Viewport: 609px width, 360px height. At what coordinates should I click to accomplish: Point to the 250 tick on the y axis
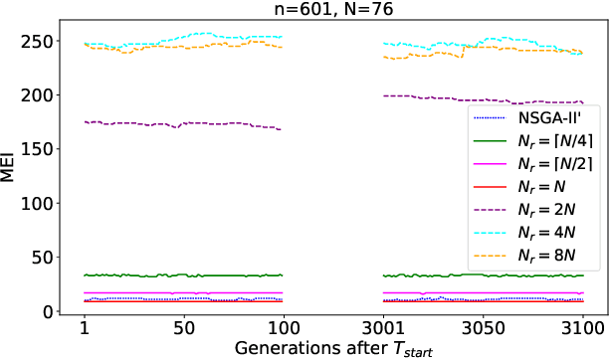click(x=40, y=41)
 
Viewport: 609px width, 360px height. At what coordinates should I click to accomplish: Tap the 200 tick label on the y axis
click(x=40, y=95)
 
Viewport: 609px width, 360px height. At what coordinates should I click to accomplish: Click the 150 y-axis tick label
click(x=40, y=149)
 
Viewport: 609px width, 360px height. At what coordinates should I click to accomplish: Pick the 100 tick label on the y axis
click(x=40, y=204)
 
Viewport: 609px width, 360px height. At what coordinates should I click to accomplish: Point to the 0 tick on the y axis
click(x=49, y=312)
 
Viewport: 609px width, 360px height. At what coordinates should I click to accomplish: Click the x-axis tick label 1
click(x=85, y=327)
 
